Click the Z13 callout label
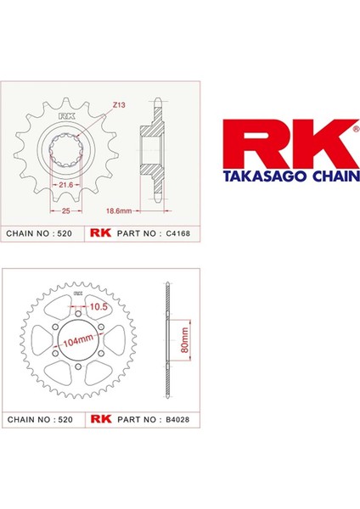click(119, 105)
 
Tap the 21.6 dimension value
click(65, 185)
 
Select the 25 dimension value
click(66, 210)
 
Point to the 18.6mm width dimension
click(119, 210)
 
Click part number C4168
click(177, 233)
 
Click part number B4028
click(177, 419)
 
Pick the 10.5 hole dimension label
click(98, 306)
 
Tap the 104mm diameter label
click(78, 340)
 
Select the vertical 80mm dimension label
click(184, 340)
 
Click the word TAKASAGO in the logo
click(264, 176)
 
